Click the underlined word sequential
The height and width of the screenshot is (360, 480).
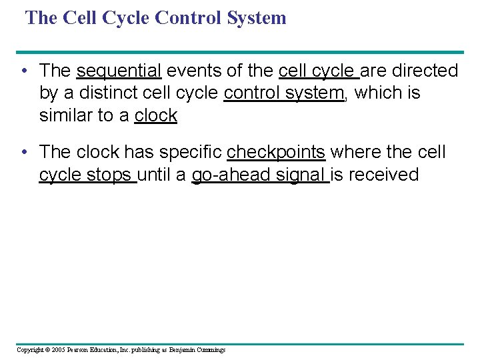[119, 71]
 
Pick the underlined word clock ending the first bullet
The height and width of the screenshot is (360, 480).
[155, 115]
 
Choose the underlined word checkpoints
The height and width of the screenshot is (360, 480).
[276, 152]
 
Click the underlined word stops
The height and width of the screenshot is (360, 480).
[114, 175]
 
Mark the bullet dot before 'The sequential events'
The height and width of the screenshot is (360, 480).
[25, 71]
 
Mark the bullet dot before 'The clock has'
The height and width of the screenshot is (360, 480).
[25, 153]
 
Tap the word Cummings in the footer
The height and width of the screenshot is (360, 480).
[210, 350]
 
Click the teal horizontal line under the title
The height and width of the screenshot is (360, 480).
[240, 52]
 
